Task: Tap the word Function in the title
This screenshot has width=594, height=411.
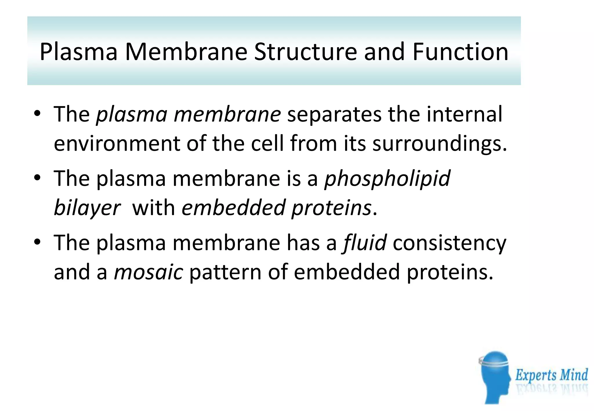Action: click(460, 52)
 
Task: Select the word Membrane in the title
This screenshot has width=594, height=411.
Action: click(186, 52)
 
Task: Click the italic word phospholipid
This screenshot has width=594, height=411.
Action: click(387, 179)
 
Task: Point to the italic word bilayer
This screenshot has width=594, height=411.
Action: click(87, 208)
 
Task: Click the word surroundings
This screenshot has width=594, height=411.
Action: click(440, 143)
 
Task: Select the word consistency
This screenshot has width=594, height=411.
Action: click(449, 243)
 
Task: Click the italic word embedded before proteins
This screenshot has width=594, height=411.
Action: click(233, 208)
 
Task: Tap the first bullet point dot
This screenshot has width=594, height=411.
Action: click(37, 113)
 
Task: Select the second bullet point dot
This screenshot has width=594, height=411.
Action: click(37, 177)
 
